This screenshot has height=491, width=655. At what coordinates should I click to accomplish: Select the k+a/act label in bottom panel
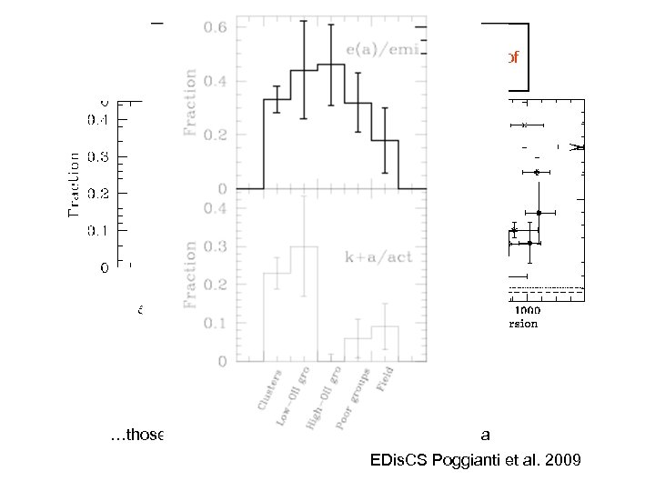pyautogui.click(x=378, y=257)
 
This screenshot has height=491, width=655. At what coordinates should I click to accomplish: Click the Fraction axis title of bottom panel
pyautogui.click(x=191, y=274)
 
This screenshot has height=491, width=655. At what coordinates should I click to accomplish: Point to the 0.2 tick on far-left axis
pyautogui.click(x=95, y=193)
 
